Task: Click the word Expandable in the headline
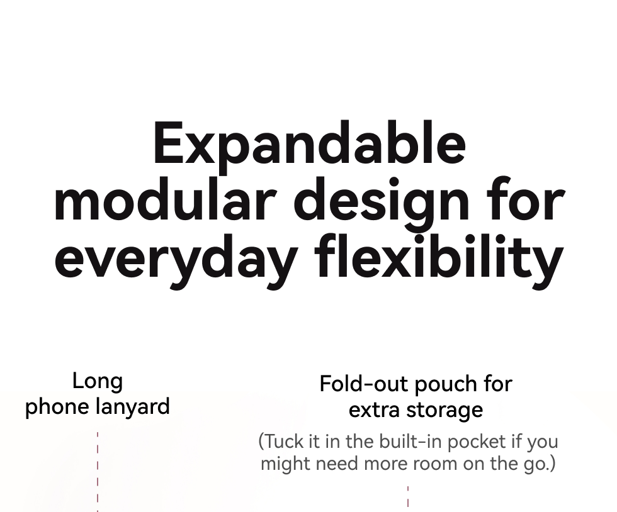pos(310,147)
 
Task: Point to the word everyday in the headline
pos(176,262)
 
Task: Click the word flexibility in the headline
pos(439,262)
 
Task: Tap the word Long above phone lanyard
pos(98,381)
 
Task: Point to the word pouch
pos(444,384)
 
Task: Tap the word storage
pos(444,411)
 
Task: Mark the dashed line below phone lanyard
pos(98,472)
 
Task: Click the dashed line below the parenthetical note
pos(408,496)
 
